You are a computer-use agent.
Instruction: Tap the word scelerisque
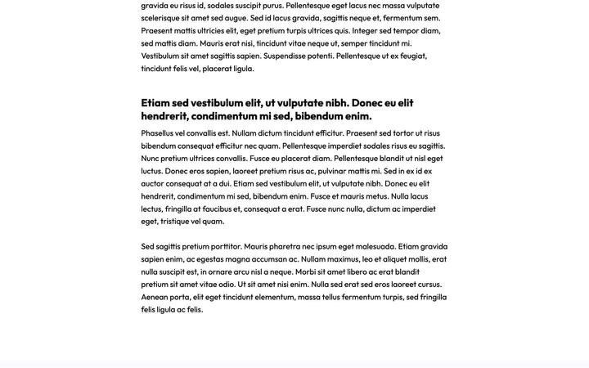click(x=160, y=18)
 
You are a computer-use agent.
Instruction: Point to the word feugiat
click(x=414, y=56)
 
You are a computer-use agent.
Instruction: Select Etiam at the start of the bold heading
click(x=155, y=103)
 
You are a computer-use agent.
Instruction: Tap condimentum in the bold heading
click(x=224, y=116)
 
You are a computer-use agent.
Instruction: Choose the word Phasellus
click(x=157, y=133)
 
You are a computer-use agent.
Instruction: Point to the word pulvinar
click(x=332, y=171)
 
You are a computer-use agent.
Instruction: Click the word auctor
click(x=152, y=184)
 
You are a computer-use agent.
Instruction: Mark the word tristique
click(x=175, y=222)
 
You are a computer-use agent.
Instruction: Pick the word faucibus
click(x=217, y=209)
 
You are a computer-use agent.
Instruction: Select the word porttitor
click(x=227, y=246)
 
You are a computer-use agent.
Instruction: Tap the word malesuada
click(x=375, y=246)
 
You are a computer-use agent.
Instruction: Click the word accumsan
click(x=269, y=259)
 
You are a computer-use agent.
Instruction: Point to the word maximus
click(x=343, y=259)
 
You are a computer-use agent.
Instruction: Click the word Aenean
click(x=155, y=297)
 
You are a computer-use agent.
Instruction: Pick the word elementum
click(x=274, y=297)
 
